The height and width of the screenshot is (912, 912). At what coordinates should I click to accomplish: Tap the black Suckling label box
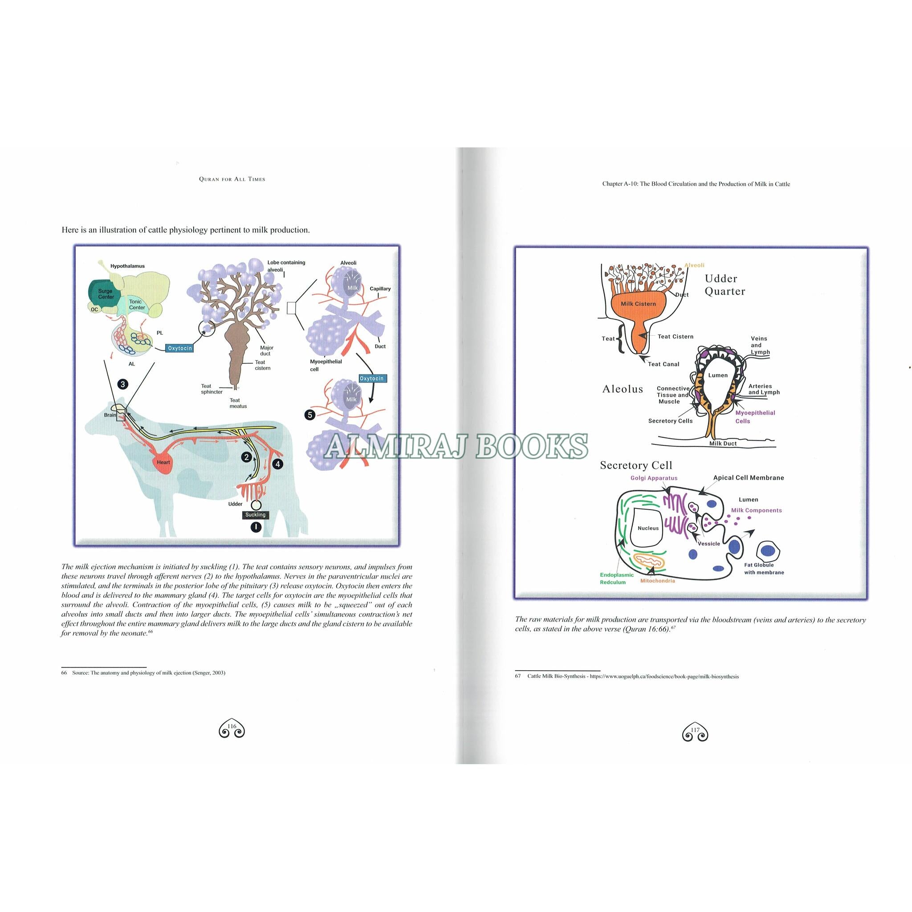pyautogui.click(x=255, y=514)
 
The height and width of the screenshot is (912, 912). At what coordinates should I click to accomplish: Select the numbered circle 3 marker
pyautogui.click(x=123, y=384)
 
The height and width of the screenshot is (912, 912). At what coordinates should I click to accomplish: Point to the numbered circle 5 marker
pyautogui.click(x=309, y=415)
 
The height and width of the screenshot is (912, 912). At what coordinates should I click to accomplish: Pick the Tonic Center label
pyautogui.click(x=137, y=305)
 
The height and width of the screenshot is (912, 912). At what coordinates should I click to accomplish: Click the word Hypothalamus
pyautogui.click(x=127, y=266)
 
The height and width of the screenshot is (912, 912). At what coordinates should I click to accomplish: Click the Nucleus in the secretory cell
pyautogui.click(x=647, y=528)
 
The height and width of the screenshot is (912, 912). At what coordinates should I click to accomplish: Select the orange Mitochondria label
pyautogui.click(x=658, y=581)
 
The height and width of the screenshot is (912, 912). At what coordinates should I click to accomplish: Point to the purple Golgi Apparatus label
pyautogui.click(x=654, y=478)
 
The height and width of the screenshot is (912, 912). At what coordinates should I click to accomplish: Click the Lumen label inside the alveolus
pyautogui.click(x=718, y=375)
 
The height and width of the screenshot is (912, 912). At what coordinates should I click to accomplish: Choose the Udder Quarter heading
pyautogui.click(x=725, y=285)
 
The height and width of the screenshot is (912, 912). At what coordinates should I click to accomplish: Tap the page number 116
pyautogui.click(x=232, y=726)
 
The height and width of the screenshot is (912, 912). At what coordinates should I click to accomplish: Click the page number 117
pyautogui.click(x=695, y=730)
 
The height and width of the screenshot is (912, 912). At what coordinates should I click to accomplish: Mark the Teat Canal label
pyautogui.click(x=664, y=364)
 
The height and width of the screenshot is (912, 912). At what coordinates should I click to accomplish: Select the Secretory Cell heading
pyautogui.click(x=636, y=465)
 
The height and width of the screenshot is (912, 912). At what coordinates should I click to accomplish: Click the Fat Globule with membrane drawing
pyautogui.click(x=768, y=550)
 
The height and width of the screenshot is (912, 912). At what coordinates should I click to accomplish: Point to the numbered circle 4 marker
pyautogui.click(x=278, y=464)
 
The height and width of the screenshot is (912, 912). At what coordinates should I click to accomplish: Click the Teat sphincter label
pyautogui.click(x=212, y=389)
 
